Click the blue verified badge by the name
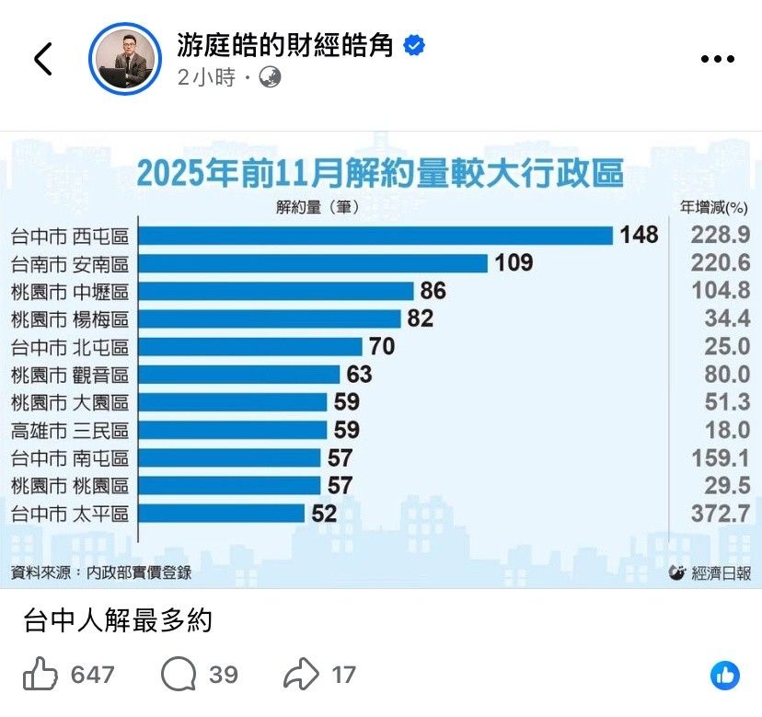pyautogui.click(x=415, y=45)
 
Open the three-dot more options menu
pyautogui.click(x=718, y=59)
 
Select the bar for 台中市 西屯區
pyautogui.click(x=375, y=236)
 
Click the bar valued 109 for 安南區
pyautogui.click(x=313, y=264)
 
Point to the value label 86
pyautogui.click(x=433, y=292)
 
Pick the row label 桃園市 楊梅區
pyautogui.click(x=70, y=319)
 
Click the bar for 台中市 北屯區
pyautogui.click(x=250, y=347)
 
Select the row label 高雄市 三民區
pyautogui.click(x=70, y=431)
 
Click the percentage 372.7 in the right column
pyautogui.click(x=721, y=514)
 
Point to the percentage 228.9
pyautogui.click(x=721, y=236)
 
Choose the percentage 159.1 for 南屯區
pyautogui.click(x=721, y=458)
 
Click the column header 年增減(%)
pyautogui.click(x=713, y=207)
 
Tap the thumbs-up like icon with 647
pyautogui.click(x=40, y=676)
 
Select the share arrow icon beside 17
pyautogui.click(x=300, y=676)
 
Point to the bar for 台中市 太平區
pyautogui.click(x=222, y=514)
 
